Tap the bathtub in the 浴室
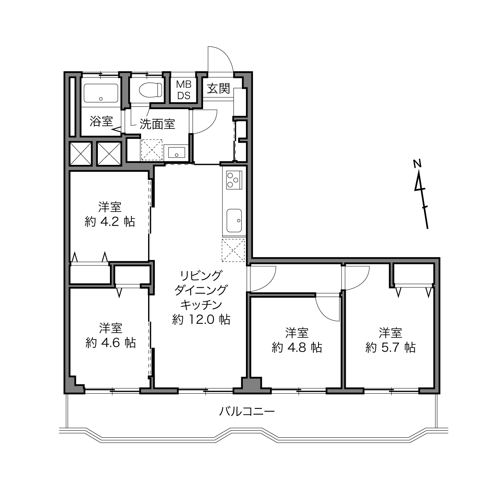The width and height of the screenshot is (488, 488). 101,93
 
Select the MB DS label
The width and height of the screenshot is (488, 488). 184,90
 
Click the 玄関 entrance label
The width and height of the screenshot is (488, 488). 218,88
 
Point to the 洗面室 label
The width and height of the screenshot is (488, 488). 157,124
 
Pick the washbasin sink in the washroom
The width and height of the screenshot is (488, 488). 177,152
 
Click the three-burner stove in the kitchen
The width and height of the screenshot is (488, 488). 234,180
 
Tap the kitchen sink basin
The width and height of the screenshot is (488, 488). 234,220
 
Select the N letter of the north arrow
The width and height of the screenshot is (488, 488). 417,164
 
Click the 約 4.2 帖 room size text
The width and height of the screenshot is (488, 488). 110,222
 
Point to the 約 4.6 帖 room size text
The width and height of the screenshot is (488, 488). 111,343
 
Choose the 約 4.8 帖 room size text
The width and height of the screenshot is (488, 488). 297,347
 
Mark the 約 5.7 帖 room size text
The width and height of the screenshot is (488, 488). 390,347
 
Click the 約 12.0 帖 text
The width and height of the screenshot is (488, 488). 201,320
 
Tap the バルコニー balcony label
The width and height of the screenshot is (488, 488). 247,412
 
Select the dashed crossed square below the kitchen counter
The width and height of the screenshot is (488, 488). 233,250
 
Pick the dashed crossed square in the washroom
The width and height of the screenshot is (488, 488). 152,149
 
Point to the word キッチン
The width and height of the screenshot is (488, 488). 201,305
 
